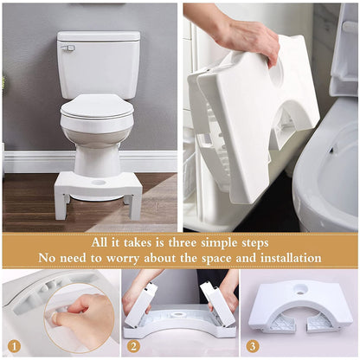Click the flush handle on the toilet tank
point(67,48)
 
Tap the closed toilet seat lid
point(97,106)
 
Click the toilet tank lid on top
point(98,36)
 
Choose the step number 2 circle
point(132,345)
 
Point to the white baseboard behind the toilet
point(26,162)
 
